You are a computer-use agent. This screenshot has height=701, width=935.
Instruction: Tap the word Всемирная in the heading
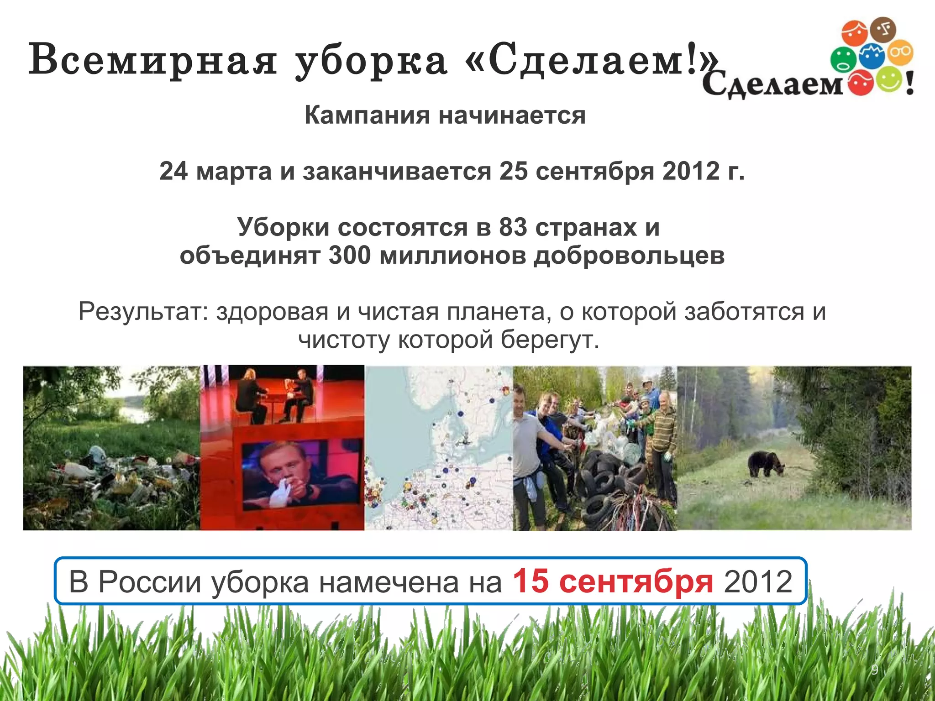pyautogui.click(x=152, y=60)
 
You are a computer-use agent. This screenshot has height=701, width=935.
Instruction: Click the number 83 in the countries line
pyautogui.click(x=513, y=227)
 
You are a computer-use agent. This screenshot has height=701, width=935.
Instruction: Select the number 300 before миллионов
pyautogui.click(x=349, y=255)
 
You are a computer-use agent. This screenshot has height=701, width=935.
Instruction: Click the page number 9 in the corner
pyautogui.click(x=874, y=670)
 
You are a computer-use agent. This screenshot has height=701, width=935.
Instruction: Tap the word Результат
pyautogui.click(x=143, y=312)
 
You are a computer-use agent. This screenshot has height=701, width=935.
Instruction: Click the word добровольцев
pyautogui.click(x=629, y=255)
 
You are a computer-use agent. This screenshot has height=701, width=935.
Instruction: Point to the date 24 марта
pyautogui.click(x=215, y=171)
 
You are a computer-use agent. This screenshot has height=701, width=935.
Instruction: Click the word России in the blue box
pyautogui.click(x=150, y=582)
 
